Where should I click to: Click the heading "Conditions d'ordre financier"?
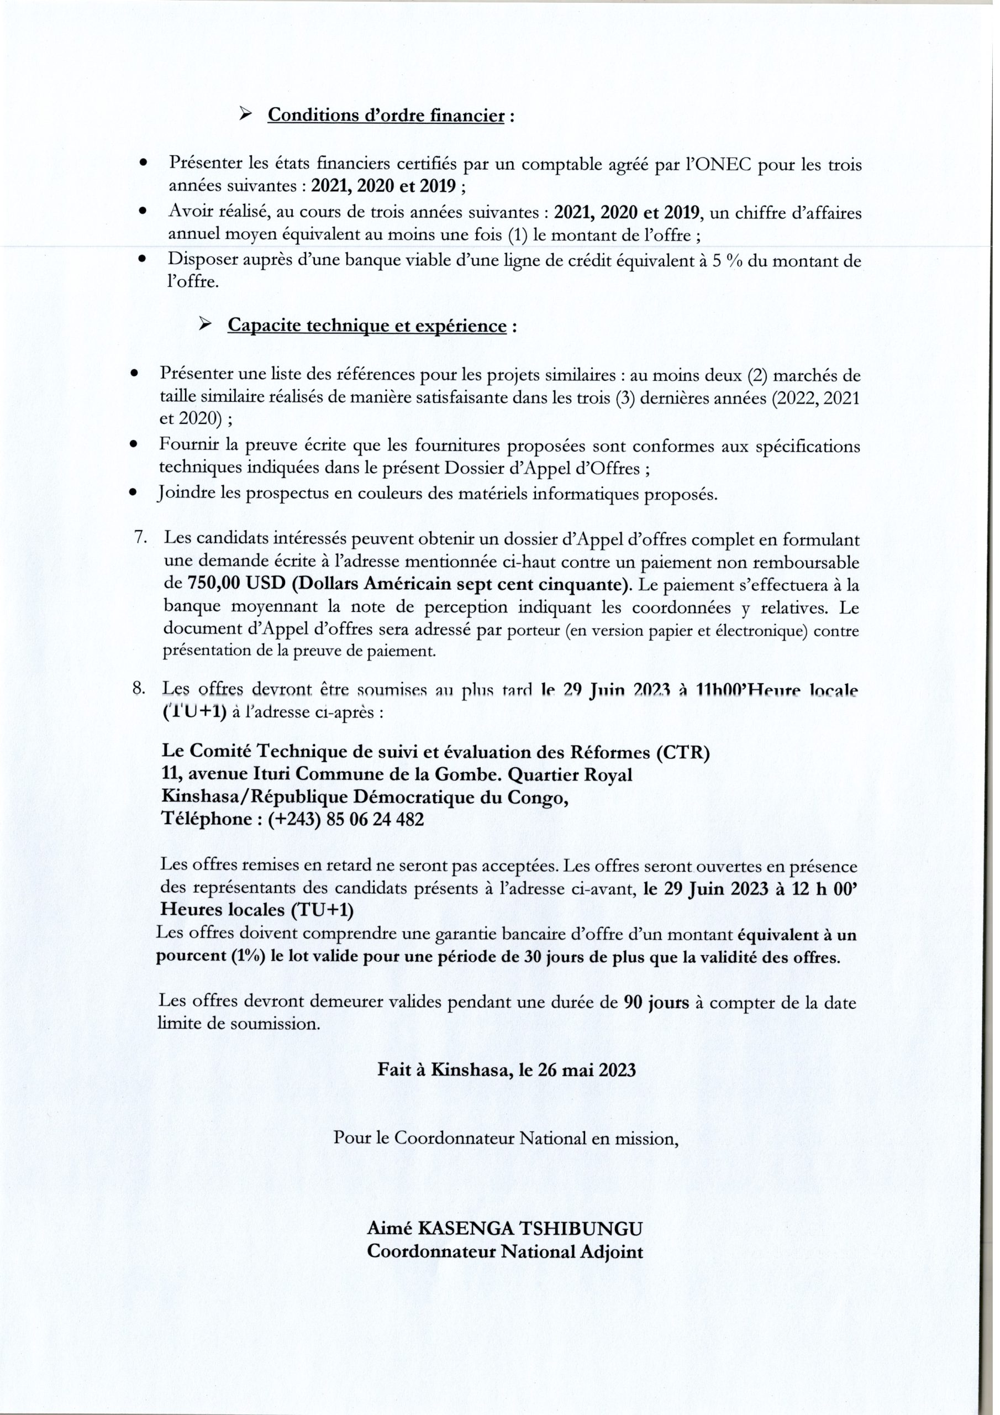tap(386, 116)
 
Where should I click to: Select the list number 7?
tap(140, 537)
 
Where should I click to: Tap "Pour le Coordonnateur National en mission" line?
tap(505, 1139)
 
